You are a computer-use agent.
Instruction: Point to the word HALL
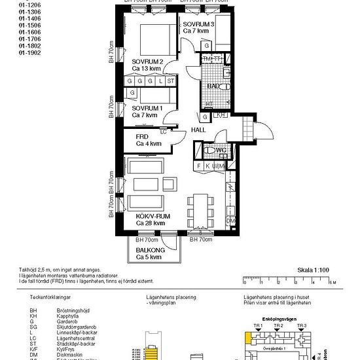(x=198, y=130)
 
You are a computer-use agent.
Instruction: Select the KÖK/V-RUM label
(x=152, y=216)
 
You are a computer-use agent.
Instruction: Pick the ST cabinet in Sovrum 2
(x=171, y=81)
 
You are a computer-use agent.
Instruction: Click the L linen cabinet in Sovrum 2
(x=161, y=81)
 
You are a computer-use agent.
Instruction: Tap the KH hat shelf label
(x=221, y=115)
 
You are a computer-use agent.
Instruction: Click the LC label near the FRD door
(x=163, y=131)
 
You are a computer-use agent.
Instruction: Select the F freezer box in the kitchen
(x=199, y=166)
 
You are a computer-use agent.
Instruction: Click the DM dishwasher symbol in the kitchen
(x=230, y=222)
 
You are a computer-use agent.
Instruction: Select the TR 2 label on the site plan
(x=279, y=325)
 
